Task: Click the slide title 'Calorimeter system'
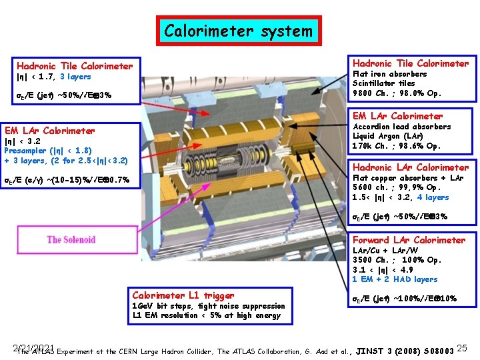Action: [238, 31]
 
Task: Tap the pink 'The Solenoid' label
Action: [71, 239]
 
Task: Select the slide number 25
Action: [465, 348]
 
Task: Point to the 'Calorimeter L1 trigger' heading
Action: [183, 295]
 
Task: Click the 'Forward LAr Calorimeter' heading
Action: [409, 240]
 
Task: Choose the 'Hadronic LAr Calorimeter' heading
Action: [410, 167]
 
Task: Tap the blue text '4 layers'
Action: [433, 197]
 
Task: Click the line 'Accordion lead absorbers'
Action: [401, 127]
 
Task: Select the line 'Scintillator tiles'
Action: [383, 83]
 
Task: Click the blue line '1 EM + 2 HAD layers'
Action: [395, 279]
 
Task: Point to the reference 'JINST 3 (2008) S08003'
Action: [405, 349]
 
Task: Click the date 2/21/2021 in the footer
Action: [33, 347]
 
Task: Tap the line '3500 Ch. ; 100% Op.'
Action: [397, 260]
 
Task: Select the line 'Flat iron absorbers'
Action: [389, 74]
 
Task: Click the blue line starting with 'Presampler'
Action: [48, 151]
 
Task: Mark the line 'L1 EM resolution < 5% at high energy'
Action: [206, 315]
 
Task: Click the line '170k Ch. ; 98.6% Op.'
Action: [396, 146]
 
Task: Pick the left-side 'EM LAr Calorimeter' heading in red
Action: [50, 131]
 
